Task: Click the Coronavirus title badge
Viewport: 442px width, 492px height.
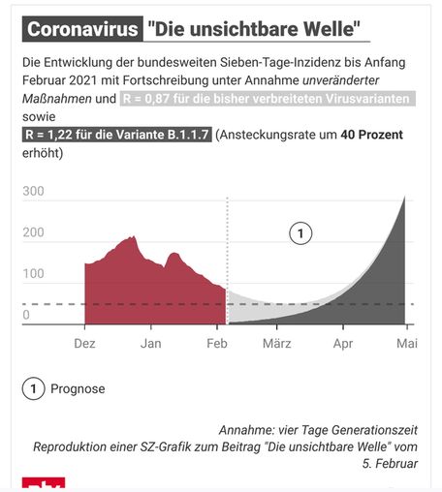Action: click(81, 29)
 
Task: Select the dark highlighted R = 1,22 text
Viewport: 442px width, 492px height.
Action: click(117, 135)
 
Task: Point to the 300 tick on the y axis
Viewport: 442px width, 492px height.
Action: click(34, 192)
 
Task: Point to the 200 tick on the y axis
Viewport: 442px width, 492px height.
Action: click(34, 233)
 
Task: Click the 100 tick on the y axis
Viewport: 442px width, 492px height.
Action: click(34, 274)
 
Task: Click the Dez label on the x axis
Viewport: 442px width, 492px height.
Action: click(85, 343)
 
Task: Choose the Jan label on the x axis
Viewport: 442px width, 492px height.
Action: click(150, 343)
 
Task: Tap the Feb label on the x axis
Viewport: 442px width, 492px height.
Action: click(216, 343)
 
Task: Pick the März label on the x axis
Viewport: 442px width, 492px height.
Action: click(277, 343)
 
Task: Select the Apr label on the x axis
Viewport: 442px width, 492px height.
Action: click(343, 343)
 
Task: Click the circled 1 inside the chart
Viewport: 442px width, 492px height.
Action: click(300, 232)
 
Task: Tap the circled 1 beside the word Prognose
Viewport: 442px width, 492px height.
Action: click(34, 389)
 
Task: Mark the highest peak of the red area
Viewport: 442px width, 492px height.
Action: click(132, 237)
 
